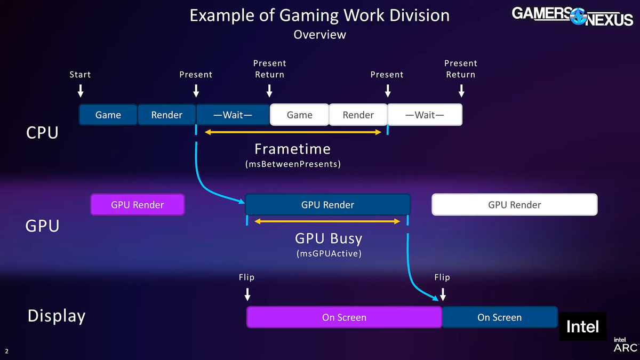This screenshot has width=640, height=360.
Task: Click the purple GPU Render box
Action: [138, 205]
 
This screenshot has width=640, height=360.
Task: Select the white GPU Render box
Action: [514, 205]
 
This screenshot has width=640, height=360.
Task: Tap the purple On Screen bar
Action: [344, 317]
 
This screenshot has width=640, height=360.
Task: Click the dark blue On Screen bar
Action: [499, 317]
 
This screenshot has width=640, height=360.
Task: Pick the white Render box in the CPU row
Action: [358, 115]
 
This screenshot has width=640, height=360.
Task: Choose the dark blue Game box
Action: [108, 115]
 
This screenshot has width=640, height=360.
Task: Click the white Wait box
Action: [425, 115]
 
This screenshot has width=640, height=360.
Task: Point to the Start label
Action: [80, 75]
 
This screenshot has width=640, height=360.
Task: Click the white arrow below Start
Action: [81, 91]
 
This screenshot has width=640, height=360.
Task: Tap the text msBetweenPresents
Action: [292, 164]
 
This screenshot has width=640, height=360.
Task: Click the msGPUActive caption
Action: [329, 254]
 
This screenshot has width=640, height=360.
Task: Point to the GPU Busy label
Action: [328, 238]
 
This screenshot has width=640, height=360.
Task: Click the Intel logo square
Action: [582, 326]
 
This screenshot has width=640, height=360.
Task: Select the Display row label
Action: [56, 316]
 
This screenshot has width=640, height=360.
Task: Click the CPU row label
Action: [42, 133]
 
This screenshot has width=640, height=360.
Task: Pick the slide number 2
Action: [7, 351]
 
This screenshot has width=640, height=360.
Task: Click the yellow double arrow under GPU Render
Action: [327, 221]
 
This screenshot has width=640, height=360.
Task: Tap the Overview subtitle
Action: [319, 35]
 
